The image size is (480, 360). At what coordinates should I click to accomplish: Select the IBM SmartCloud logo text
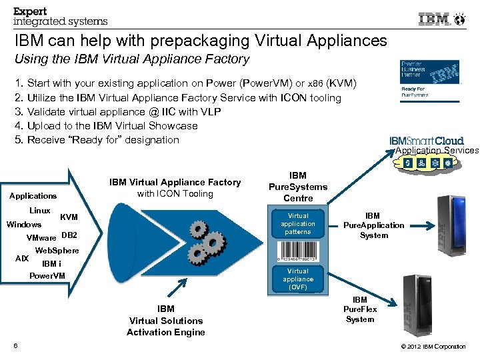[x=426, y=141]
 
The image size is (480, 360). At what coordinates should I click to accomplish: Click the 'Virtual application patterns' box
[x=297, y=224]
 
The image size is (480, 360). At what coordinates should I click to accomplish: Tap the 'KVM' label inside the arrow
[x=69, y=217]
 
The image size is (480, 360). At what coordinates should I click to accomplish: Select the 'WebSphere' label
[x=57, y=251]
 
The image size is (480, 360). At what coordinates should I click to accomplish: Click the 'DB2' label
[x=69, y=235]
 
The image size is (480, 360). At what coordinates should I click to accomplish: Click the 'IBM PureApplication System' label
[x=373, y=225]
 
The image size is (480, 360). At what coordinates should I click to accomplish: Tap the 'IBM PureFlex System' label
[x=360, y=309]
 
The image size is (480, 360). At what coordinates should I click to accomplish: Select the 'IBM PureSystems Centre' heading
[x=298, y=187]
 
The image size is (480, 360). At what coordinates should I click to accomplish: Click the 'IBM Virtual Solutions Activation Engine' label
[x=165, y=321]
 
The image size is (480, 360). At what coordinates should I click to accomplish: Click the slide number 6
[x=15, y=345]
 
